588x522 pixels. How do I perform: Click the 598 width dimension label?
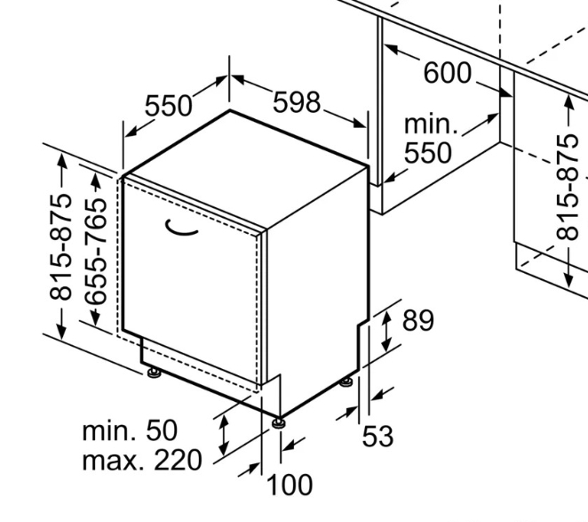(x=297, y=102)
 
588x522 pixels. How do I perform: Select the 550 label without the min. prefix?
(x=169, y=106)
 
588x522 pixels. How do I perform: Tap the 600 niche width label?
(x=447, y=73)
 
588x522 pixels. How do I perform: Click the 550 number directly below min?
(x=428, y=152)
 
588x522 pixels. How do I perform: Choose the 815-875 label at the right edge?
(x=567, y=187)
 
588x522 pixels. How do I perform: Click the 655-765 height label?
(x=95, y=252)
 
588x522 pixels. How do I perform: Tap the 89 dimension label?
(x=418, y=320)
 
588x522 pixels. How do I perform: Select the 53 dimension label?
(x=378, y=436)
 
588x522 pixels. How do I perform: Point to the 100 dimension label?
(x=290, y=485)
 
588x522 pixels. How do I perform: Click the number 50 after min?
(x=162, y=430)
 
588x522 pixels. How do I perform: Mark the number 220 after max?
(x=179, y=461)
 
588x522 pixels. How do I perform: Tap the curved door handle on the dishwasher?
(x=181, y=228)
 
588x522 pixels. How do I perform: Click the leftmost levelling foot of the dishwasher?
(x=154, y=373)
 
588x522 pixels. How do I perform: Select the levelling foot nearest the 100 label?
(x=279, y=422)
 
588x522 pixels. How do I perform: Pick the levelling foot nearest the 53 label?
(x=346, y=381)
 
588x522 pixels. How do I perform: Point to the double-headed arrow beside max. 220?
(x=224, y=435)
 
